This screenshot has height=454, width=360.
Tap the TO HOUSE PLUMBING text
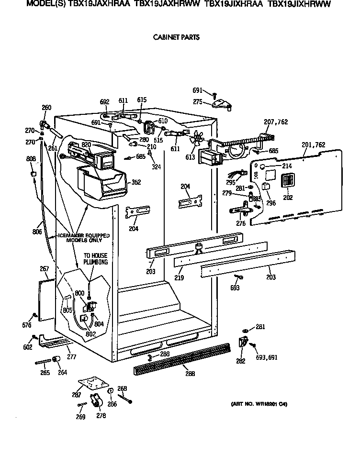[96, 259]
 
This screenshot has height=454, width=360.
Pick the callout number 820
[86, 144]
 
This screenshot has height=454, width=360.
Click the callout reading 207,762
[276, 122]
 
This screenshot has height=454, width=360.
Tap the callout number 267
[44, 269]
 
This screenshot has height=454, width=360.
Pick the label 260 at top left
[46, 108]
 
